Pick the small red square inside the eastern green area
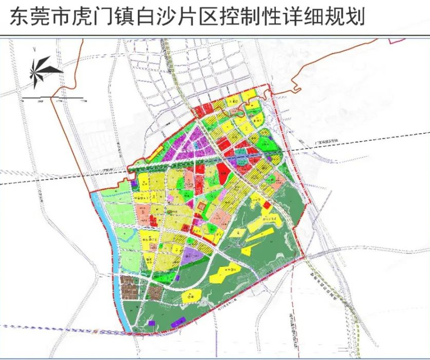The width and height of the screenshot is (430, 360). point(267,205)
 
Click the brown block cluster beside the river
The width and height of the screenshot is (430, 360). point(131,287)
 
